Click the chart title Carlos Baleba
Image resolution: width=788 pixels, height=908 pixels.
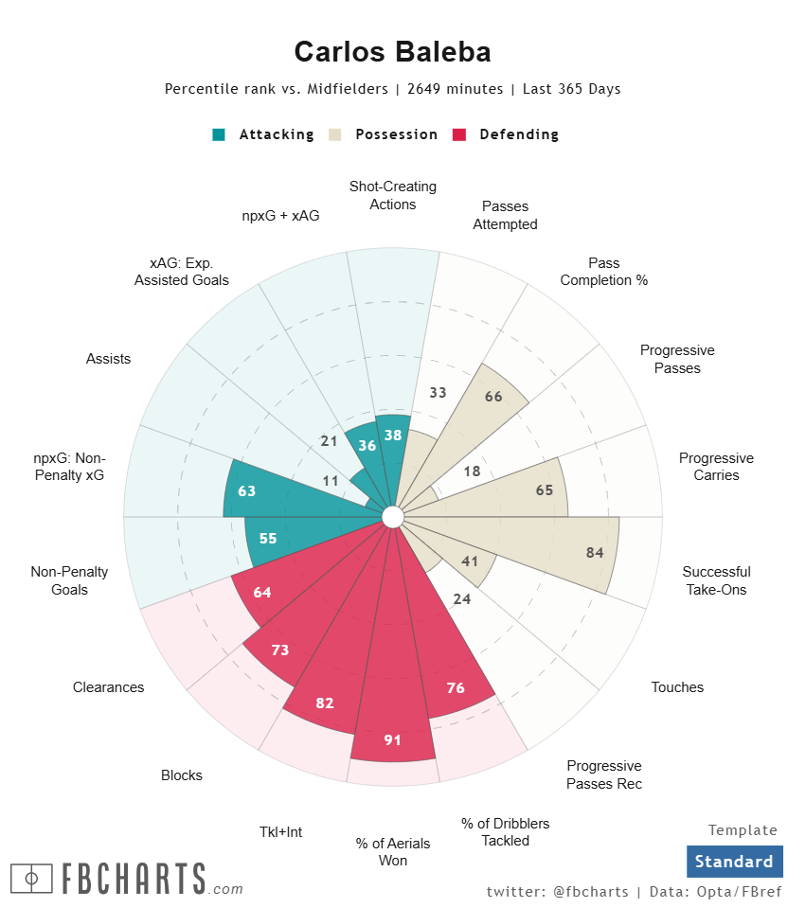(392, 51)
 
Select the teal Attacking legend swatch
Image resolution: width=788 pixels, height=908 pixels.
(220, 134)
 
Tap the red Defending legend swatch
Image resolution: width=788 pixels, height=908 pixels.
(460, 134)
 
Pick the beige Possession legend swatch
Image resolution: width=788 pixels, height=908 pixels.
(335, 134)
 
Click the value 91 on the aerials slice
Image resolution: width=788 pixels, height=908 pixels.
(393, 740)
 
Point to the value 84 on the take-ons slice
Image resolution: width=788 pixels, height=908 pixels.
(595, 553)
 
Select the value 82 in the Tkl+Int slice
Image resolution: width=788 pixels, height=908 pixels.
(326, 703)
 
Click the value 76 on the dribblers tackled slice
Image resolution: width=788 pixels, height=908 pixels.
(456, 687)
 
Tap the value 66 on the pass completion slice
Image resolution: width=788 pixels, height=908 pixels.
(493, 397)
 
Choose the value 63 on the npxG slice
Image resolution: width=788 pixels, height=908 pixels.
(247, 490)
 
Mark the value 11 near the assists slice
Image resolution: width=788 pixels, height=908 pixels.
(331, 481)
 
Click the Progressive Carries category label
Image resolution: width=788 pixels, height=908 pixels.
(716, 467)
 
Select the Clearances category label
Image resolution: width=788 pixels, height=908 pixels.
(109, 687)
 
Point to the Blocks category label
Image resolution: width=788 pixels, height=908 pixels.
(182, 775)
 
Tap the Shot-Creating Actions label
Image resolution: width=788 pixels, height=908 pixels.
(393, 195)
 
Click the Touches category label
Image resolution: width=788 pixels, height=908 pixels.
(677, 687)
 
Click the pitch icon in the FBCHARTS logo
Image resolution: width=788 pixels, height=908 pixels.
(31, 879)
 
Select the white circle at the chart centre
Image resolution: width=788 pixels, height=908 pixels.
(393, 517)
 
